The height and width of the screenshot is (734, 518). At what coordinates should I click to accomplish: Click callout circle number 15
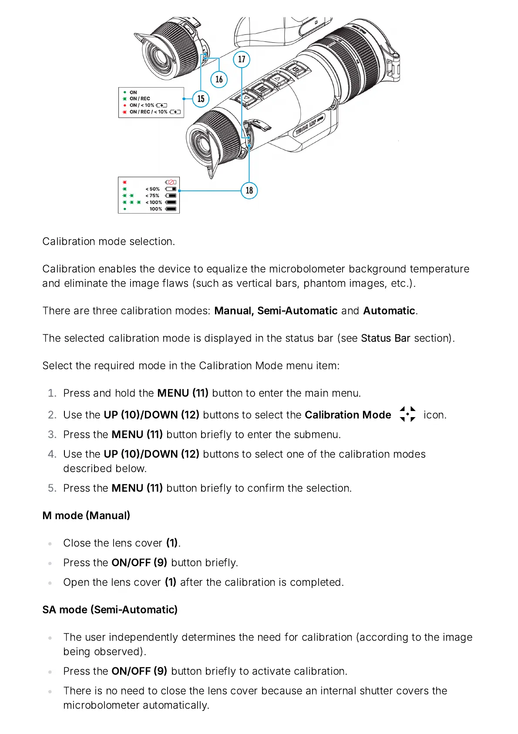201,99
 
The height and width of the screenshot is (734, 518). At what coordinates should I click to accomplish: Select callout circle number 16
219,79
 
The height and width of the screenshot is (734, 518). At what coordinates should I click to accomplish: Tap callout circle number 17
242,59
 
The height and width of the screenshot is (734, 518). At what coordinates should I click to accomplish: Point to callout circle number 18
249,190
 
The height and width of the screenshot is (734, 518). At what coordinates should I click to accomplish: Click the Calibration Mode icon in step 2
407,414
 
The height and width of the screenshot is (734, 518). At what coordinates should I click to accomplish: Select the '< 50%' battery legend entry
152,189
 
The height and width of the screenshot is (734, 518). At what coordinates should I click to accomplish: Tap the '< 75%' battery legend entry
152,196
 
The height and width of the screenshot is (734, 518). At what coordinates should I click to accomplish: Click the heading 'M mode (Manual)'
86,516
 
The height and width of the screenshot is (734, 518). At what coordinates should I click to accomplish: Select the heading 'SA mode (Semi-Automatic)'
110,610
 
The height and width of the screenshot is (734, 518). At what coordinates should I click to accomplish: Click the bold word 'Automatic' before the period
389,311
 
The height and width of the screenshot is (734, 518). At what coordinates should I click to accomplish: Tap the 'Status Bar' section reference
385,338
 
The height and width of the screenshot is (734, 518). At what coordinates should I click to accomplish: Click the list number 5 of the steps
52,488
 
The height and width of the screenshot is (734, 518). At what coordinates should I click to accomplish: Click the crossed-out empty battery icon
171,182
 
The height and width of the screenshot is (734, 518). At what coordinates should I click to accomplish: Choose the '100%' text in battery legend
156,209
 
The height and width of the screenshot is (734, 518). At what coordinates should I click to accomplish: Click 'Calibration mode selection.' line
108,241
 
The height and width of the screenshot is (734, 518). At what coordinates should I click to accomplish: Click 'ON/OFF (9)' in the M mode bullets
139,563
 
